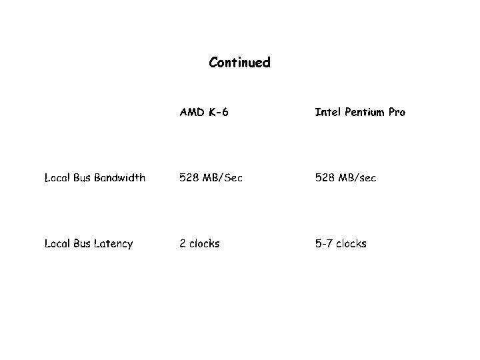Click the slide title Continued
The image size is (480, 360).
coord(239,63)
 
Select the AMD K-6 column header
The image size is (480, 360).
coord(204,112)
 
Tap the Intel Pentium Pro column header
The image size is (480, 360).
coord(359,112)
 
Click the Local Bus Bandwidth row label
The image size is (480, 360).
coord(95,177)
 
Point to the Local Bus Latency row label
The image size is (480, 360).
coord(89,243)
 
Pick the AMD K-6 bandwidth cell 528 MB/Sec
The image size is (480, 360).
coord(211,177)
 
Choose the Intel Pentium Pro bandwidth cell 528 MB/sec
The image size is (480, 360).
coord(345,177)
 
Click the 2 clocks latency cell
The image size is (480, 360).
coord(199,243)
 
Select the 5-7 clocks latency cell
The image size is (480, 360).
coord(341,243)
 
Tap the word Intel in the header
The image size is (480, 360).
coord(326,112)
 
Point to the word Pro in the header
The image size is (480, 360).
coord(397,112)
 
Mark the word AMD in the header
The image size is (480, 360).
coord(190,112)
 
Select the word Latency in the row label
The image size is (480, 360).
coord(113,243)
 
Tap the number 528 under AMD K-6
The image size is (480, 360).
coord(189,177)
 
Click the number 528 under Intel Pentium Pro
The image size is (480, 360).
coord(325,177)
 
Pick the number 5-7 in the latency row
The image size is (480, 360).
coord(323,243)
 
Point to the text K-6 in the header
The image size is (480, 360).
coord(219,112)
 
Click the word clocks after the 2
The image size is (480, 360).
coord(204,243)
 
